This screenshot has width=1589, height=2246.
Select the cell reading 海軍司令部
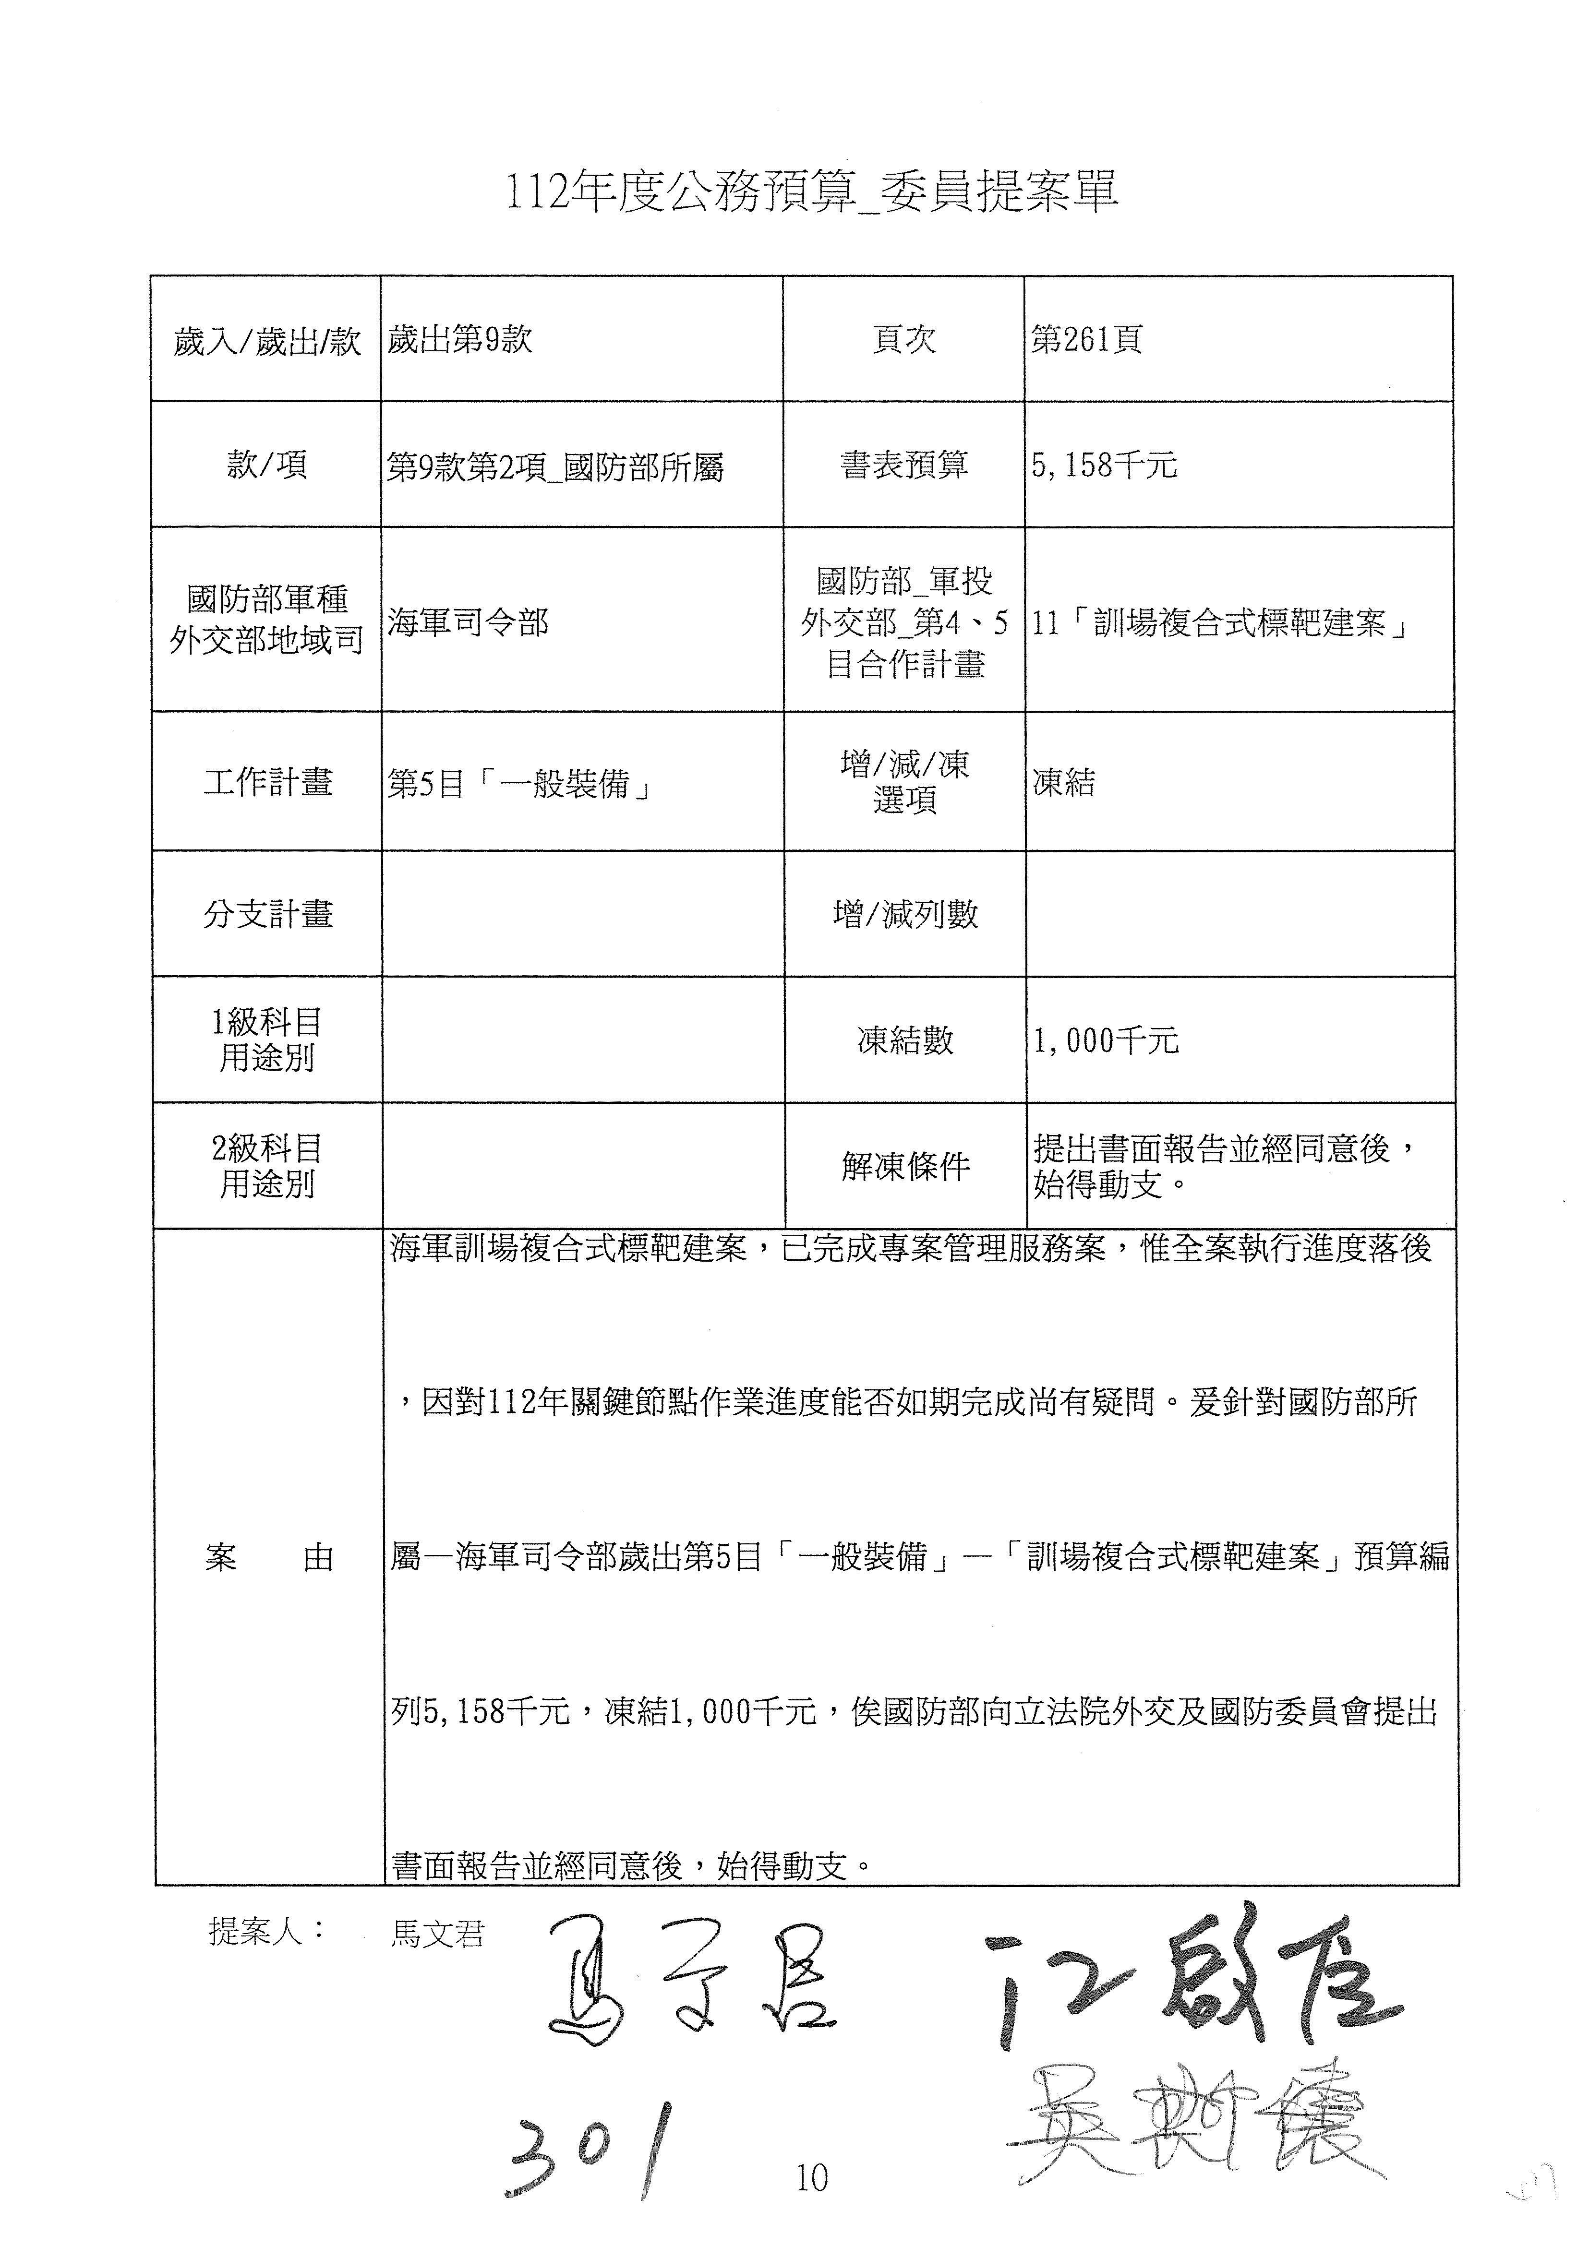coord(468,622)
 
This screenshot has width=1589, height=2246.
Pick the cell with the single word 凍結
coord(1063,783)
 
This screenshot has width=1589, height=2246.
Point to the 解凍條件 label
coord(904,1166)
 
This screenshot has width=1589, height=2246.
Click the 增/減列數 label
coord(904,914)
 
